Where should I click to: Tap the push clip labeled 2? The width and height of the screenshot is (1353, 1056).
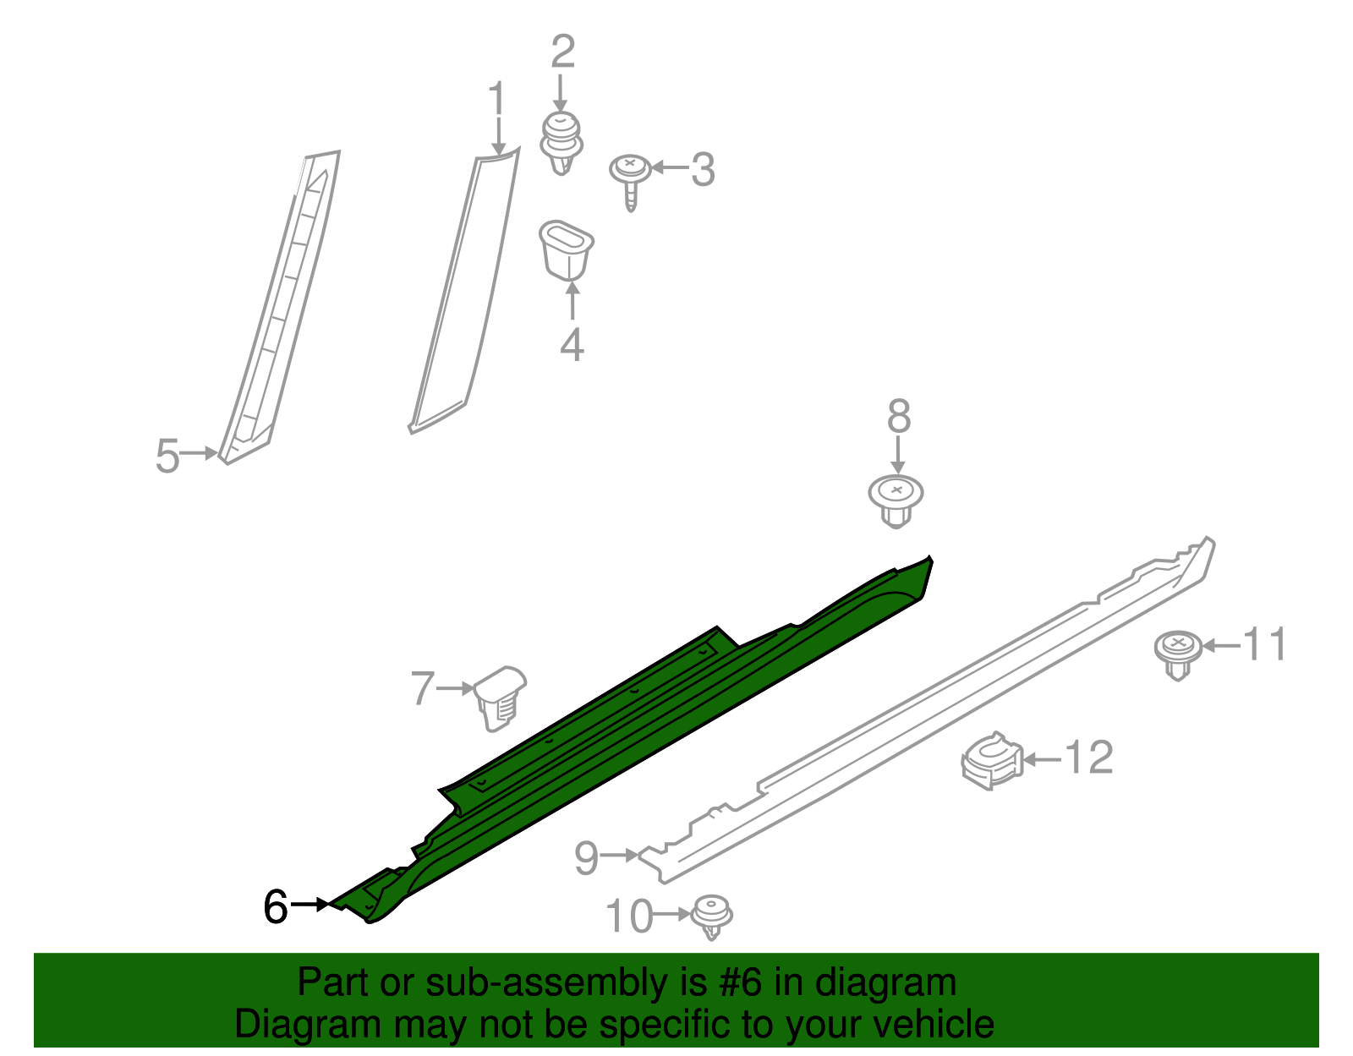(x=561, y=142)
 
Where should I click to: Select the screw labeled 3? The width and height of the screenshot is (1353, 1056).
(x=631, y=178)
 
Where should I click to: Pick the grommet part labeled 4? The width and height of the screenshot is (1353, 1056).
(x=566, y=249)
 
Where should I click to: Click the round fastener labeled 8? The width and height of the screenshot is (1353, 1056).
(x=896, y=499)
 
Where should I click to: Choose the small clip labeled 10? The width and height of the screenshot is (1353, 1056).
(x=711, y=916)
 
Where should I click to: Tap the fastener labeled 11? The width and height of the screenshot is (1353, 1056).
(x=1178, y=653)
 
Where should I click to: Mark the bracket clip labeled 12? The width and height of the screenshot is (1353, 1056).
(x=991, y=758)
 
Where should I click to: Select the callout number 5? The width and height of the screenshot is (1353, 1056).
(x=167, y=456)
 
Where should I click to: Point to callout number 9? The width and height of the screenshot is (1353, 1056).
(x=586, y=857)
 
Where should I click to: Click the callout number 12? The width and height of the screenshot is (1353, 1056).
(x=1088, y=758)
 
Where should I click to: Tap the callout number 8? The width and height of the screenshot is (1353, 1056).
(x=899, y=417)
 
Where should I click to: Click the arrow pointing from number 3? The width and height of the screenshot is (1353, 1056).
(x=670, y=168)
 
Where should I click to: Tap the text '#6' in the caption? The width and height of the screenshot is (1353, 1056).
(x=741, y=982)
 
